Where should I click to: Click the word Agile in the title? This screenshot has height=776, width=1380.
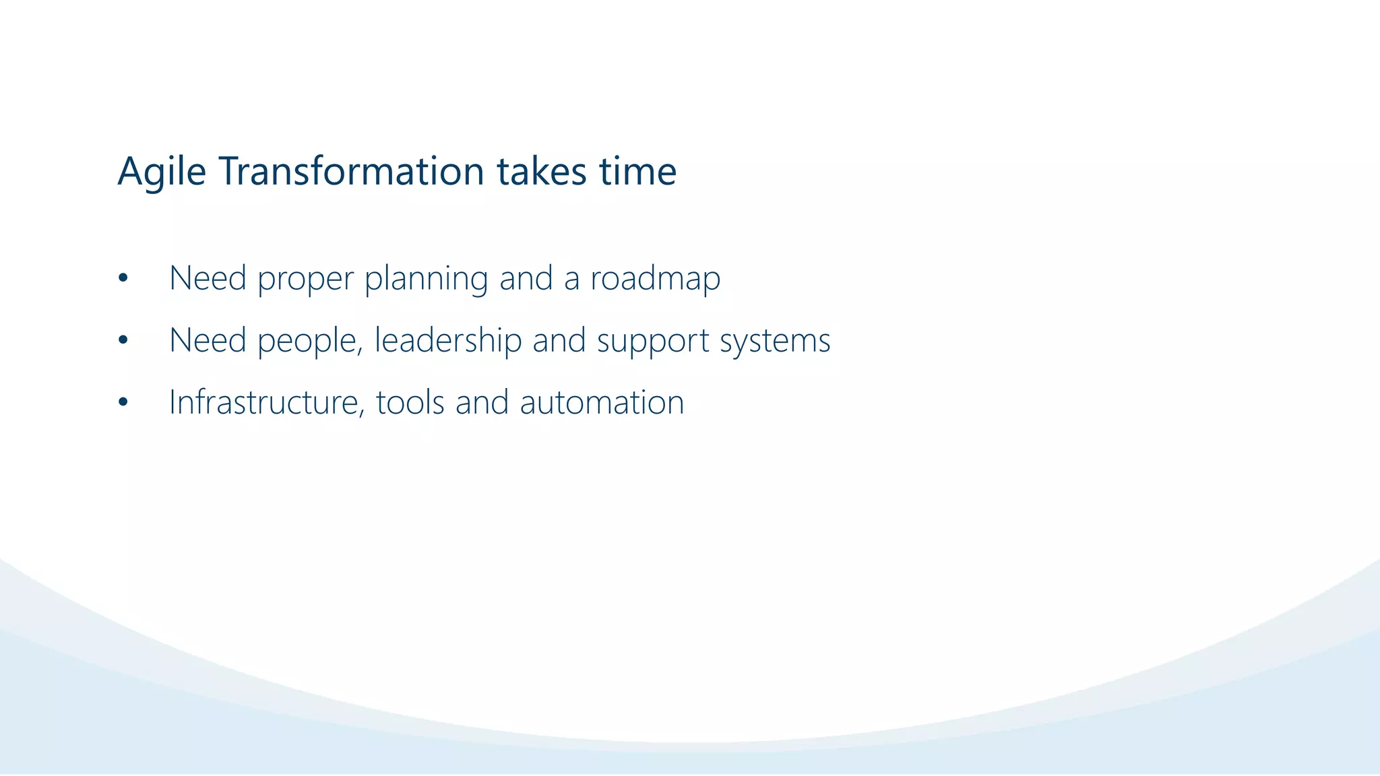tap(161, 172)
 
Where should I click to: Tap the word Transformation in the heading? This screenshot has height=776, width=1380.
tap(351, 172)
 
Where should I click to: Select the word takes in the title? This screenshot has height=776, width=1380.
tap(542, 172)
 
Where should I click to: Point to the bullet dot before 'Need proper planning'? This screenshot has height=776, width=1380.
tap(123, 279)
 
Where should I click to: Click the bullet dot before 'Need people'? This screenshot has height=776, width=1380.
tap(123, 341)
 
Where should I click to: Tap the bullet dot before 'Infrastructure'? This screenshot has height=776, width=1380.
tap(123, 403)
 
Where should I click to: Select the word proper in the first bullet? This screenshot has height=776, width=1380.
tap(305, 279)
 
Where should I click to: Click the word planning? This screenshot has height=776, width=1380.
tap(426, 279)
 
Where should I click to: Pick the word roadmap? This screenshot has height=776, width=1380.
tap(655, 279)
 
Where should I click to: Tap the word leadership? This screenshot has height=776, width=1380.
tap(447, 341)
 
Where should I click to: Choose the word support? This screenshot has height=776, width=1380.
tap(653, 341)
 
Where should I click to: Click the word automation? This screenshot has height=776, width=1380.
tap(602, 403)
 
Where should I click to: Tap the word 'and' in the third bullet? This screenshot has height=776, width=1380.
tap(482, 403)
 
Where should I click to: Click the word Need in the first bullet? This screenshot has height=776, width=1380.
tap(208, 279)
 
